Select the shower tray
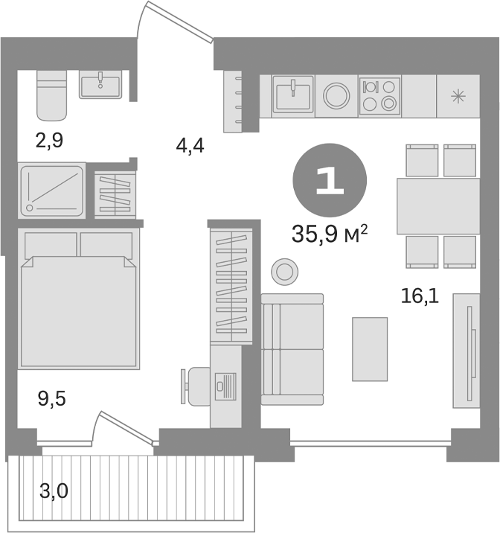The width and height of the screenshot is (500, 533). pyautogui.click(x=51, y=189)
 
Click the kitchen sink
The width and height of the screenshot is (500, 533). pyautogui.click(x=292, y=95)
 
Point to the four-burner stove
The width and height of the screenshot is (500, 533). pyautogui.click(x=379, y=95)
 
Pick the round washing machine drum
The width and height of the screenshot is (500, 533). pyautogui.click(x=336, y=95)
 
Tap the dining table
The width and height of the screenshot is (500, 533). pyautogui.click(x=436, y=206)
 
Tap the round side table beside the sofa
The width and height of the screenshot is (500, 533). pyautogui.click(x=284, y=271)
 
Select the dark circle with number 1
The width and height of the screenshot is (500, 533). pyautogui.click(x=330, y=182)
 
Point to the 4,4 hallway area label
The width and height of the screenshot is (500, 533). pyautogui.click(x=190, y=146)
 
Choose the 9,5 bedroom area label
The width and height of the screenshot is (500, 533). pyautogui.click(x=51, y=400)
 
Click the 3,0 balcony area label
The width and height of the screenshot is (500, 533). pyautogui.click(x=55, y=491)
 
